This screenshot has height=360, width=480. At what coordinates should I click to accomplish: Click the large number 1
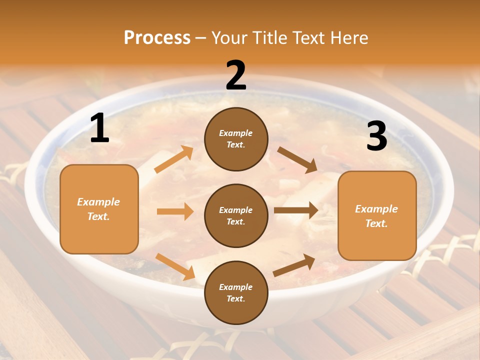pos(99,128)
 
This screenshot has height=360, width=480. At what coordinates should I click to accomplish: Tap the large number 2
pos(236,75)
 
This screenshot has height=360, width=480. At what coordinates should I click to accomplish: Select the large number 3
pos(376,136)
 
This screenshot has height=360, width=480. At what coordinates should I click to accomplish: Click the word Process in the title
pos(157,37)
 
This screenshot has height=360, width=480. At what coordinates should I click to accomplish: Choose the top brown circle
pos(236,139)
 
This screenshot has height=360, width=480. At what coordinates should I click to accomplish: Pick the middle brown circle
pos(236,215)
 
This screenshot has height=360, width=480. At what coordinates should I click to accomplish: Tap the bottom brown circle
pos(236,292)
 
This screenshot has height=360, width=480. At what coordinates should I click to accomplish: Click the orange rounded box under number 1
pos(99,209)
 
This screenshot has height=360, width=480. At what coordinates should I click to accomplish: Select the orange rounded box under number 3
pos(377,215)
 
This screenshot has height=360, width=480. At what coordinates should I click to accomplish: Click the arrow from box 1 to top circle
pos(174,159)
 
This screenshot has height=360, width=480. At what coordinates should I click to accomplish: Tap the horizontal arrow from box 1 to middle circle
pos(175,211)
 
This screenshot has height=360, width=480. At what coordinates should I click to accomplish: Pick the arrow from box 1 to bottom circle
pos(175,266)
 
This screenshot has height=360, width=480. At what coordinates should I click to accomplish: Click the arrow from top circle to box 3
pos(297,160)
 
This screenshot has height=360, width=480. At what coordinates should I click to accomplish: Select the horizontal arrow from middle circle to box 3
pos(296,210)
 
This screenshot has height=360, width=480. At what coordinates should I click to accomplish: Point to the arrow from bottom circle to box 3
pos(294,265)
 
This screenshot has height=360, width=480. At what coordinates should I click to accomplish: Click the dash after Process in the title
pos(201,37)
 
